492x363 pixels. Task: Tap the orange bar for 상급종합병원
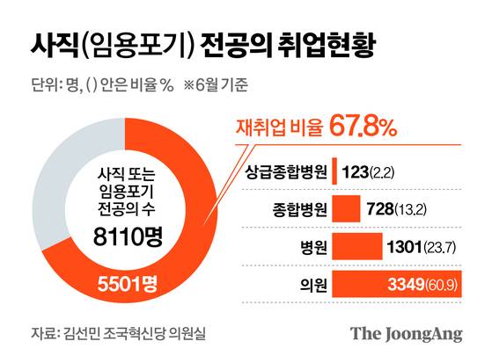pyautogui.click(x=334, y=171)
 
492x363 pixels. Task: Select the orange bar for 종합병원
pyautogui.click(x=346, y=208)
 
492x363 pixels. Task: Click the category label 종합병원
pyautogui.click(x=295, y=209)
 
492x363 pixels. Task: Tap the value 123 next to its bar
pyautogui.click(x=355, y=171)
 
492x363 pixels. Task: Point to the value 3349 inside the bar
pyautogui.click(x=411, y=285)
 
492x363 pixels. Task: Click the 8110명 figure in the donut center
pyautogui.click(x=130, y=235)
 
